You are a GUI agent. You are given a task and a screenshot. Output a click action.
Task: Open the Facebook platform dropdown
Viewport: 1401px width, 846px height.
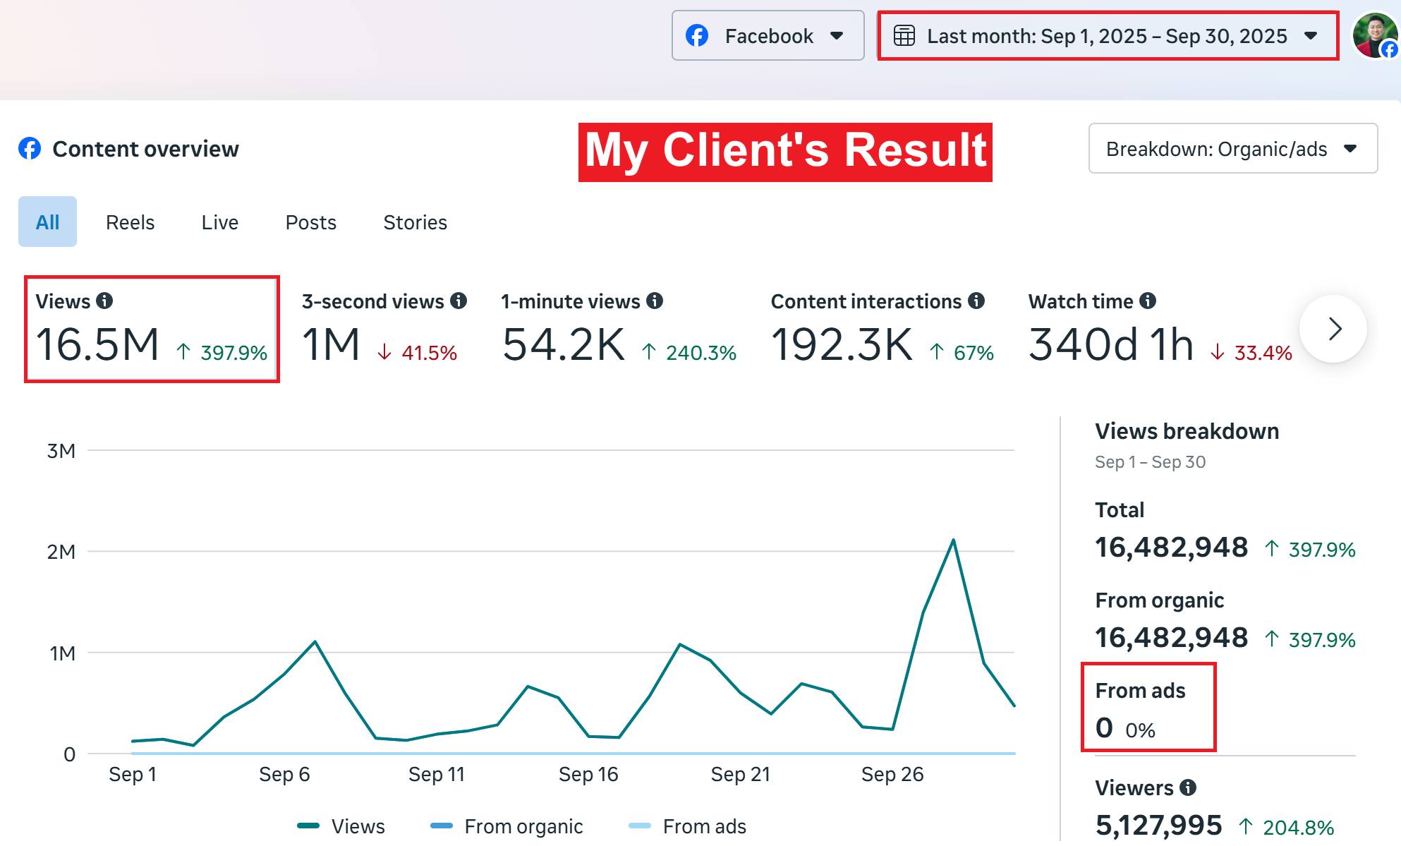[768, 35]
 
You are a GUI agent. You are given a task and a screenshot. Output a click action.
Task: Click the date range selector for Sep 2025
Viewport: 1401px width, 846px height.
[1108, 36]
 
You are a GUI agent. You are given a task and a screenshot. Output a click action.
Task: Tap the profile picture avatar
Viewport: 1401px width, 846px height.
[1373, 35]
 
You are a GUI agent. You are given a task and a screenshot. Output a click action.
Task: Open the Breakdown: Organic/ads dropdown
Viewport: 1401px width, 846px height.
[1232, 149]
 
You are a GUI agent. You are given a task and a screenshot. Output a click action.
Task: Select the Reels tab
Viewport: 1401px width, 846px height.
[130, 222]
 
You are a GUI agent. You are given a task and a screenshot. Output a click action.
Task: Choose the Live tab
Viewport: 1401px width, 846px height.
[219, 222]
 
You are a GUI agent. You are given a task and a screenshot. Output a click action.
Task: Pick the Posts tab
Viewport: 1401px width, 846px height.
[310, 222]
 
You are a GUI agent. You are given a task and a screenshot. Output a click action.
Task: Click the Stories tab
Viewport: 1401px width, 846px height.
[415, 222]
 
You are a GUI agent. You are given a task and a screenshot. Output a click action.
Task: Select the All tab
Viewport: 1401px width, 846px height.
[47, 222]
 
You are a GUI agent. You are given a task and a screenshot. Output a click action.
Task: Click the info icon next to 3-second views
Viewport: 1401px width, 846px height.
[459, 301]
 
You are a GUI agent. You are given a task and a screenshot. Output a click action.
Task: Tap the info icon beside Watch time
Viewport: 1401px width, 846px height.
[1148, 301]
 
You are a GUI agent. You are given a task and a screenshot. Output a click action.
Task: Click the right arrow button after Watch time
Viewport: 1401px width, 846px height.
[1333, 329]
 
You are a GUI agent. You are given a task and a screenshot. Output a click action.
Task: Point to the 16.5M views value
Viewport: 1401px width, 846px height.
[97, 345]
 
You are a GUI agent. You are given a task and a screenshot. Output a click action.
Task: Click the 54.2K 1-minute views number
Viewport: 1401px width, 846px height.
[563, 345]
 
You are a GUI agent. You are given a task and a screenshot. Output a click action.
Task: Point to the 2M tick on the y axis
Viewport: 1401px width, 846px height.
[61, 552]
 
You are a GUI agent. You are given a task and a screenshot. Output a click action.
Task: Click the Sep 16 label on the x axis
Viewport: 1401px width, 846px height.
[588, 774]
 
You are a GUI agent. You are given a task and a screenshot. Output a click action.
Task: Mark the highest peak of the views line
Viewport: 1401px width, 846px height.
[953, 540]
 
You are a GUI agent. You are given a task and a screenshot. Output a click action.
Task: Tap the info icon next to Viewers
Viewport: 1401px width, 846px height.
[1189, 787]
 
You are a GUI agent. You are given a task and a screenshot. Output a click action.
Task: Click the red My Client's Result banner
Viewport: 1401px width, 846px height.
[785, 152]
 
